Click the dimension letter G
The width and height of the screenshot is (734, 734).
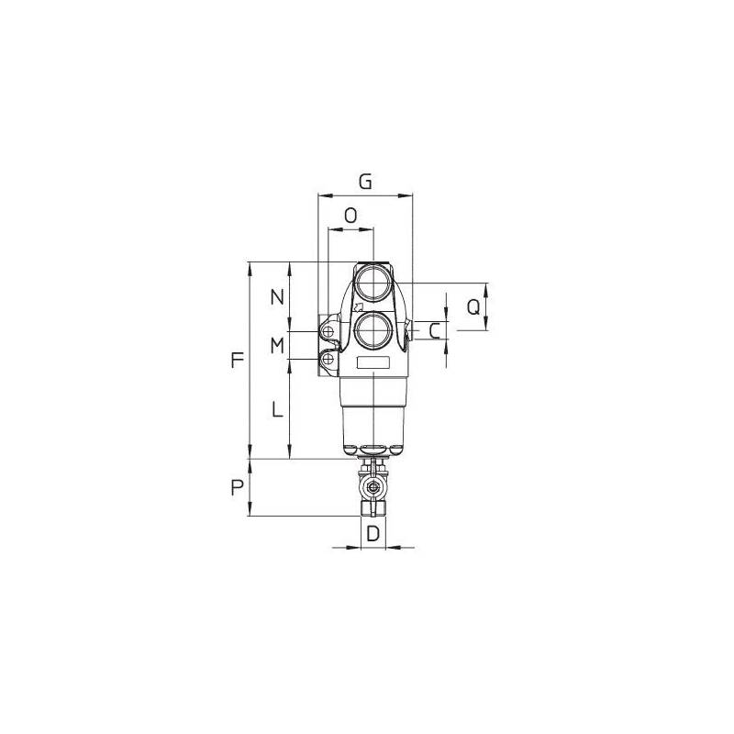tap(364, 181)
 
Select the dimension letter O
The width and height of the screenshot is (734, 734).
tap(350, 216)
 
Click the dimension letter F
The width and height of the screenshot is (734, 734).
tap(237, 361)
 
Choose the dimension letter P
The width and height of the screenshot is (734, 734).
tap(237, 487)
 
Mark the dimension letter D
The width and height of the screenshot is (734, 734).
tap(373, 533)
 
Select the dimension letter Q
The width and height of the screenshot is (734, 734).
tap(473, 306)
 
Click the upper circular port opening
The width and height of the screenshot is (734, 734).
tap(374, 282)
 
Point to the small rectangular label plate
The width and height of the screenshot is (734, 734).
tap(374, 369)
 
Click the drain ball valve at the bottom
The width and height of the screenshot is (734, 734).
tap(373, 488)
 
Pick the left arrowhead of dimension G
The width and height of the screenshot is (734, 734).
tap(320, 195)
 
